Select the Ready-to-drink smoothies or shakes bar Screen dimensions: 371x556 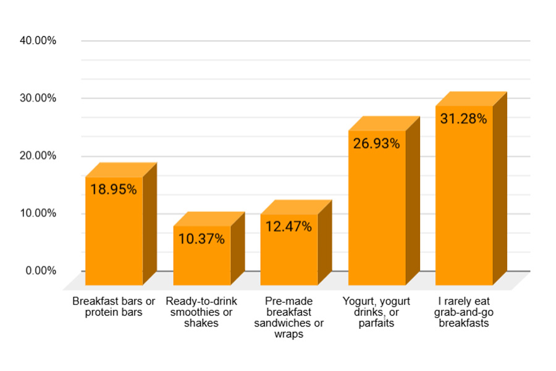[x=201, y=260]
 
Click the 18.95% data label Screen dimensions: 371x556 [x=114, y=189]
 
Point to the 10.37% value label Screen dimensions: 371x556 [x=201, y=239]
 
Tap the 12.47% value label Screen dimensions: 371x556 [x=289, y=226]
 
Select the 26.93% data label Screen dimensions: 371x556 [x=376, y=143]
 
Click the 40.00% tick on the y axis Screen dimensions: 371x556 [x=38, y=41]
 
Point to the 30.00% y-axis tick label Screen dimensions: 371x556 [x=38, y=98]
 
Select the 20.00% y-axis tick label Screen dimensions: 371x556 [x=38, y=156]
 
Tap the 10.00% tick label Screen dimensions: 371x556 [x=38, y=213]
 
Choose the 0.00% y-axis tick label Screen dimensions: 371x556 [x=41, y=271]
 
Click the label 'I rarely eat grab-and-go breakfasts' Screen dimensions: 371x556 [x=464, y=312]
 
